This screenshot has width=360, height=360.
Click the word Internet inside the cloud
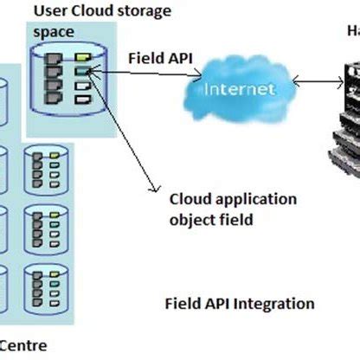pos(241,89)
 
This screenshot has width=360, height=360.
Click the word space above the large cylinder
pos(54,31)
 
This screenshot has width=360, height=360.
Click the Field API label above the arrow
pos(160,59)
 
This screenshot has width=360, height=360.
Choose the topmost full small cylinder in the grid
pos(42,167)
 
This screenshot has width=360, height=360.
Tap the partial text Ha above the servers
pos(352,31)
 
